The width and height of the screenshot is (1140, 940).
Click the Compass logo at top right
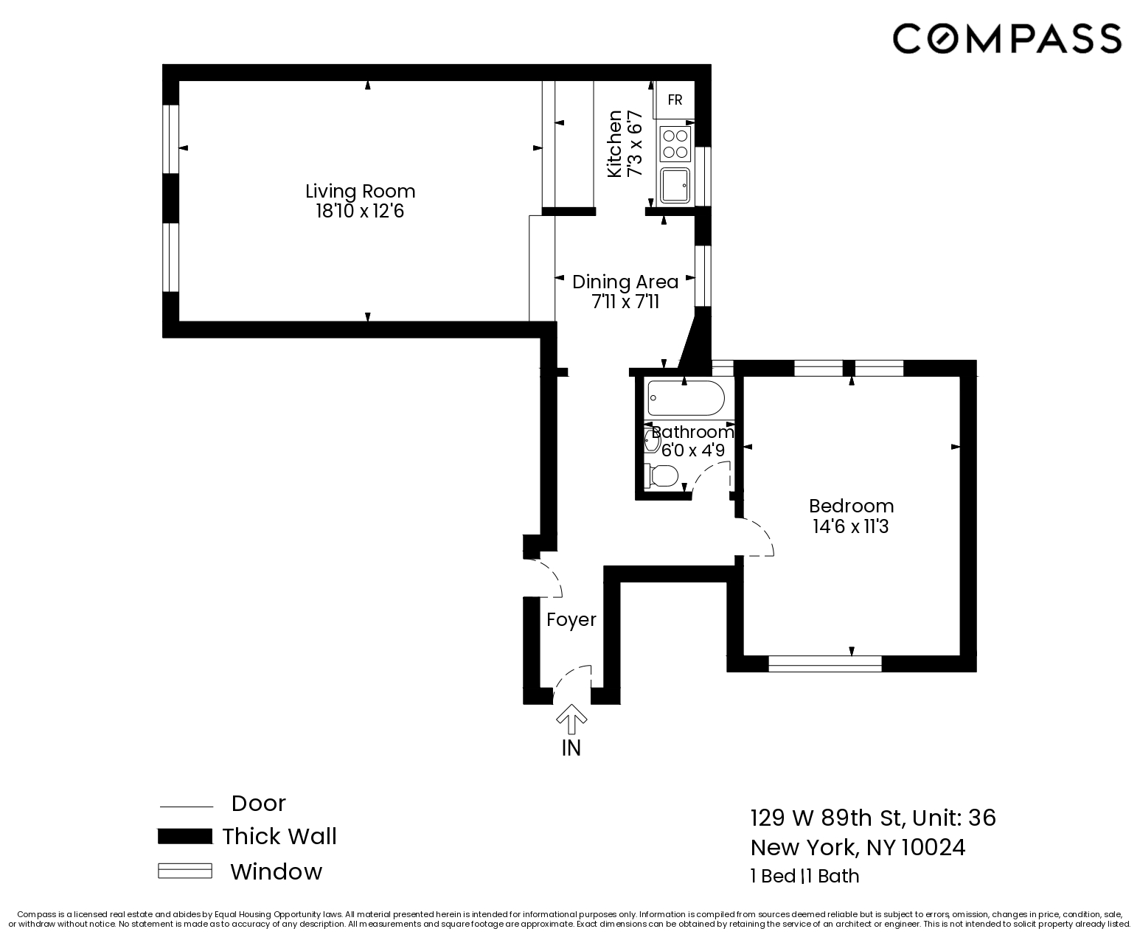pos(1007,38)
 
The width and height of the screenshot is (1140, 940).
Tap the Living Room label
pos(361,191)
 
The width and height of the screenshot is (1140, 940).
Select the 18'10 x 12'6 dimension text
pos(361,212)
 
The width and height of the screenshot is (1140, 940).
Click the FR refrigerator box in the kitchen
pos(675,100)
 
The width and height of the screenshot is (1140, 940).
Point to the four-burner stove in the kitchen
pos(675,144)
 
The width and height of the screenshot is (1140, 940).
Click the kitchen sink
pos(675,185)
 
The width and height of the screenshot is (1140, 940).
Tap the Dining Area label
pos(625,282)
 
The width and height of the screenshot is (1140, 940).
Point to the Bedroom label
pos(851,506)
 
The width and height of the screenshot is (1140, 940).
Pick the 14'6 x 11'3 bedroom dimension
pos(851,526)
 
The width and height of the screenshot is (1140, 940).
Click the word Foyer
pos(571,620)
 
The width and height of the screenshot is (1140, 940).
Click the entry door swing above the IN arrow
pos(574,681)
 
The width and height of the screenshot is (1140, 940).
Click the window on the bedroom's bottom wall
pos(824,664)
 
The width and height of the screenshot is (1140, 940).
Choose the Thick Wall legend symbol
pos(185,836)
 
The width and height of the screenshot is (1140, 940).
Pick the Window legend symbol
pos(185,871)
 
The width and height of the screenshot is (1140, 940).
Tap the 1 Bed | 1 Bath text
pos(804,876)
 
